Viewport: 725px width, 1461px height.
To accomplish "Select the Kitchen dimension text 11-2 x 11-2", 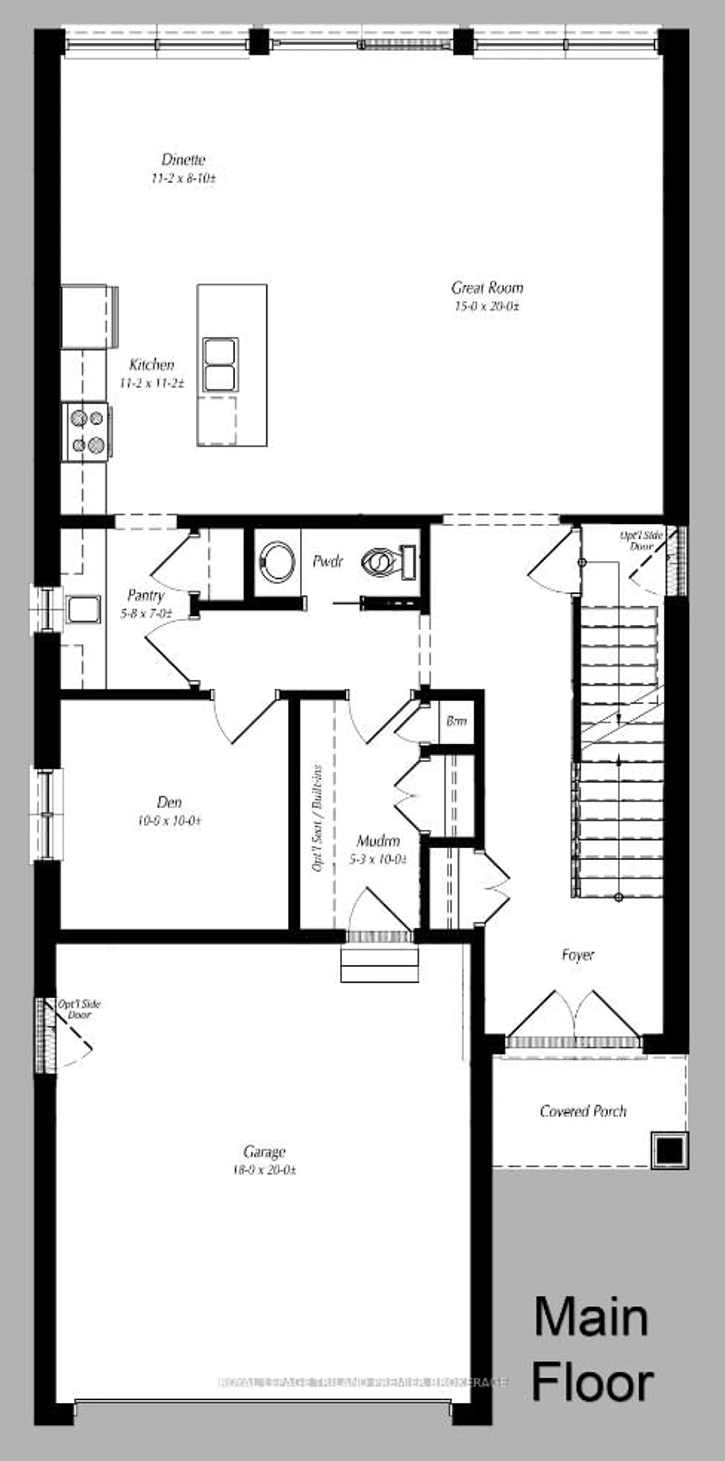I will [x=151, y=383].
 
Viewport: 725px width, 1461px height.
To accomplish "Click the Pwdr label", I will [x=328, y=562].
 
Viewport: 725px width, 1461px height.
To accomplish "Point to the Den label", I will [x=169, y=802].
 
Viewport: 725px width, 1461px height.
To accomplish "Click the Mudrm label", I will [x=378, y=841].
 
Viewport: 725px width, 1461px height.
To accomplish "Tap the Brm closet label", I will [x=456, y=721].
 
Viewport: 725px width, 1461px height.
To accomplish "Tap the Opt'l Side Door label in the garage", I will [x=79, y=1009].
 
